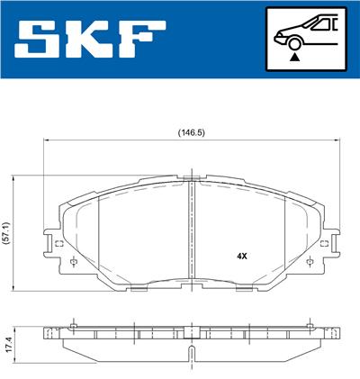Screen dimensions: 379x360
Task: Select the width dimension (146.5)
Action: pyautogui.click(x=191, y=132)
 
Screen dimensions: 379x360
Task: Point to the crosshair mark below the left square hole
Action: pyautogui.click(x=71, y=262)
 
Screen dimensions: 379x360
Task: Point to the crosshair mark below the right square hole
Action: pyautogui.click(x=310, y=262)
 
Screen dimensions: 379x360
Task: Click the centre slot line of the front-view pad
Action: pyautogui.click(x=191, y=234)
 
